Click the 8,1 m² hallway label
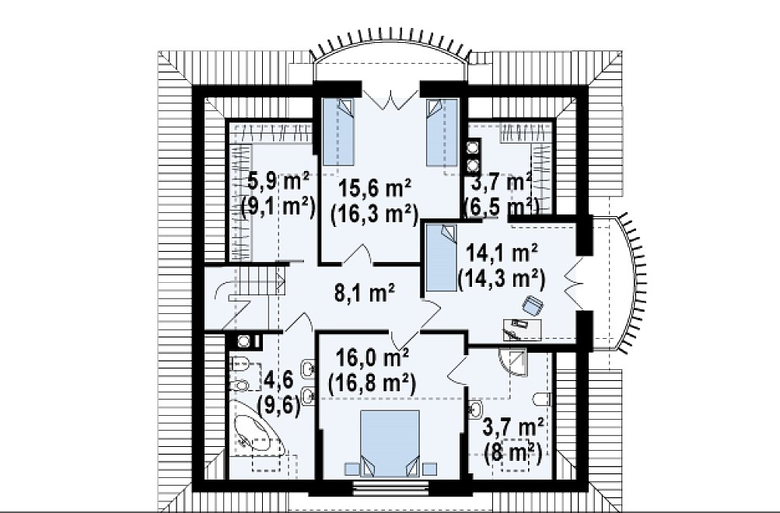[x=365, y=293]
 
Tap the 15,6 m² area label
[x=375, y=189]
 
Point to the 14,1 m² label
[x=502, y=253]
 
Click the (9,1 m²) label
[x=278, y=207]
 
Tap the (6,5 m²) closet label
[x=502, y=205]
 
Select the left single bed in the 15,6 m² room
[x=338, y=131]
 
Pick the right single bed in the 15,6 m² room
[x=442, y=131]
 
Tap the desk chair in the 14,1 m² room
[x=532, y=305]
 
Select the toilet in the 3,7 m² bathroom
[x=543, y=399]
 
